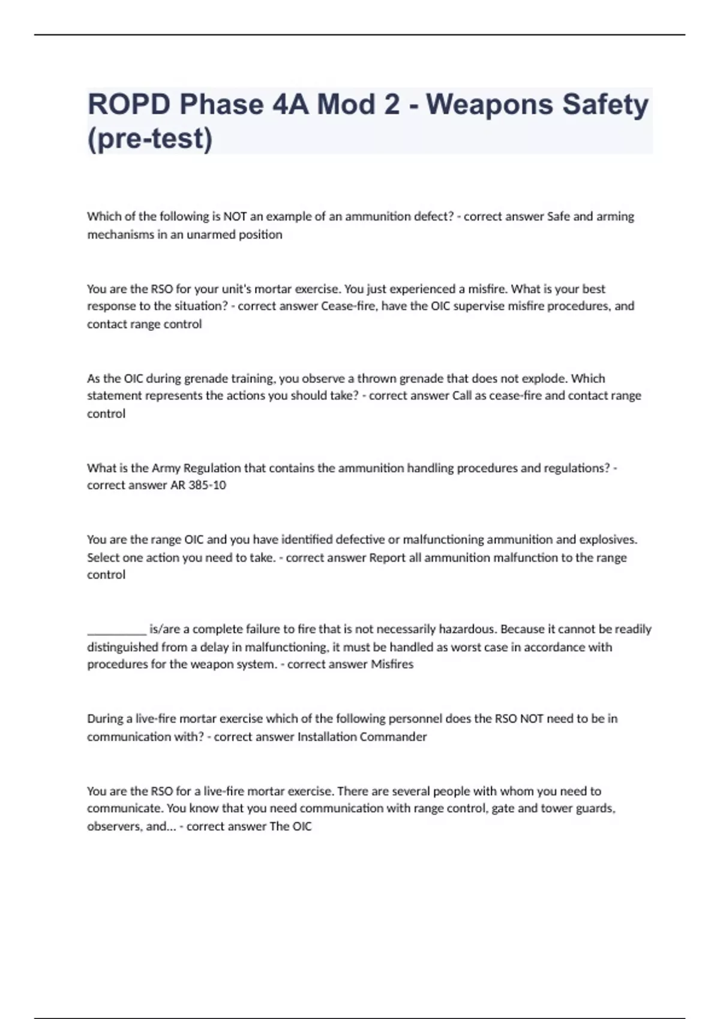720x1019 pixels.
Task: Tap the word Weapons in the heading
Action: pos(490,104)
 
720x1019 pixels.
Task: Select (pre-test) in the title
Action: pos(149,138)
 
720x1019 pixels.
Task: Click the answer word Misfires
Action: pos(392,664)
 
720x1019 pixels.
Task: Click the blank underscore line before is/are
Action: pos(116,629)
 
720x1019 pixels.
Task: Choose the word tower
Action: pos(556,808)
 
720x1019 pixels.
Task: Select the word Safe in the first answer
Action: pos(559,216)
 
